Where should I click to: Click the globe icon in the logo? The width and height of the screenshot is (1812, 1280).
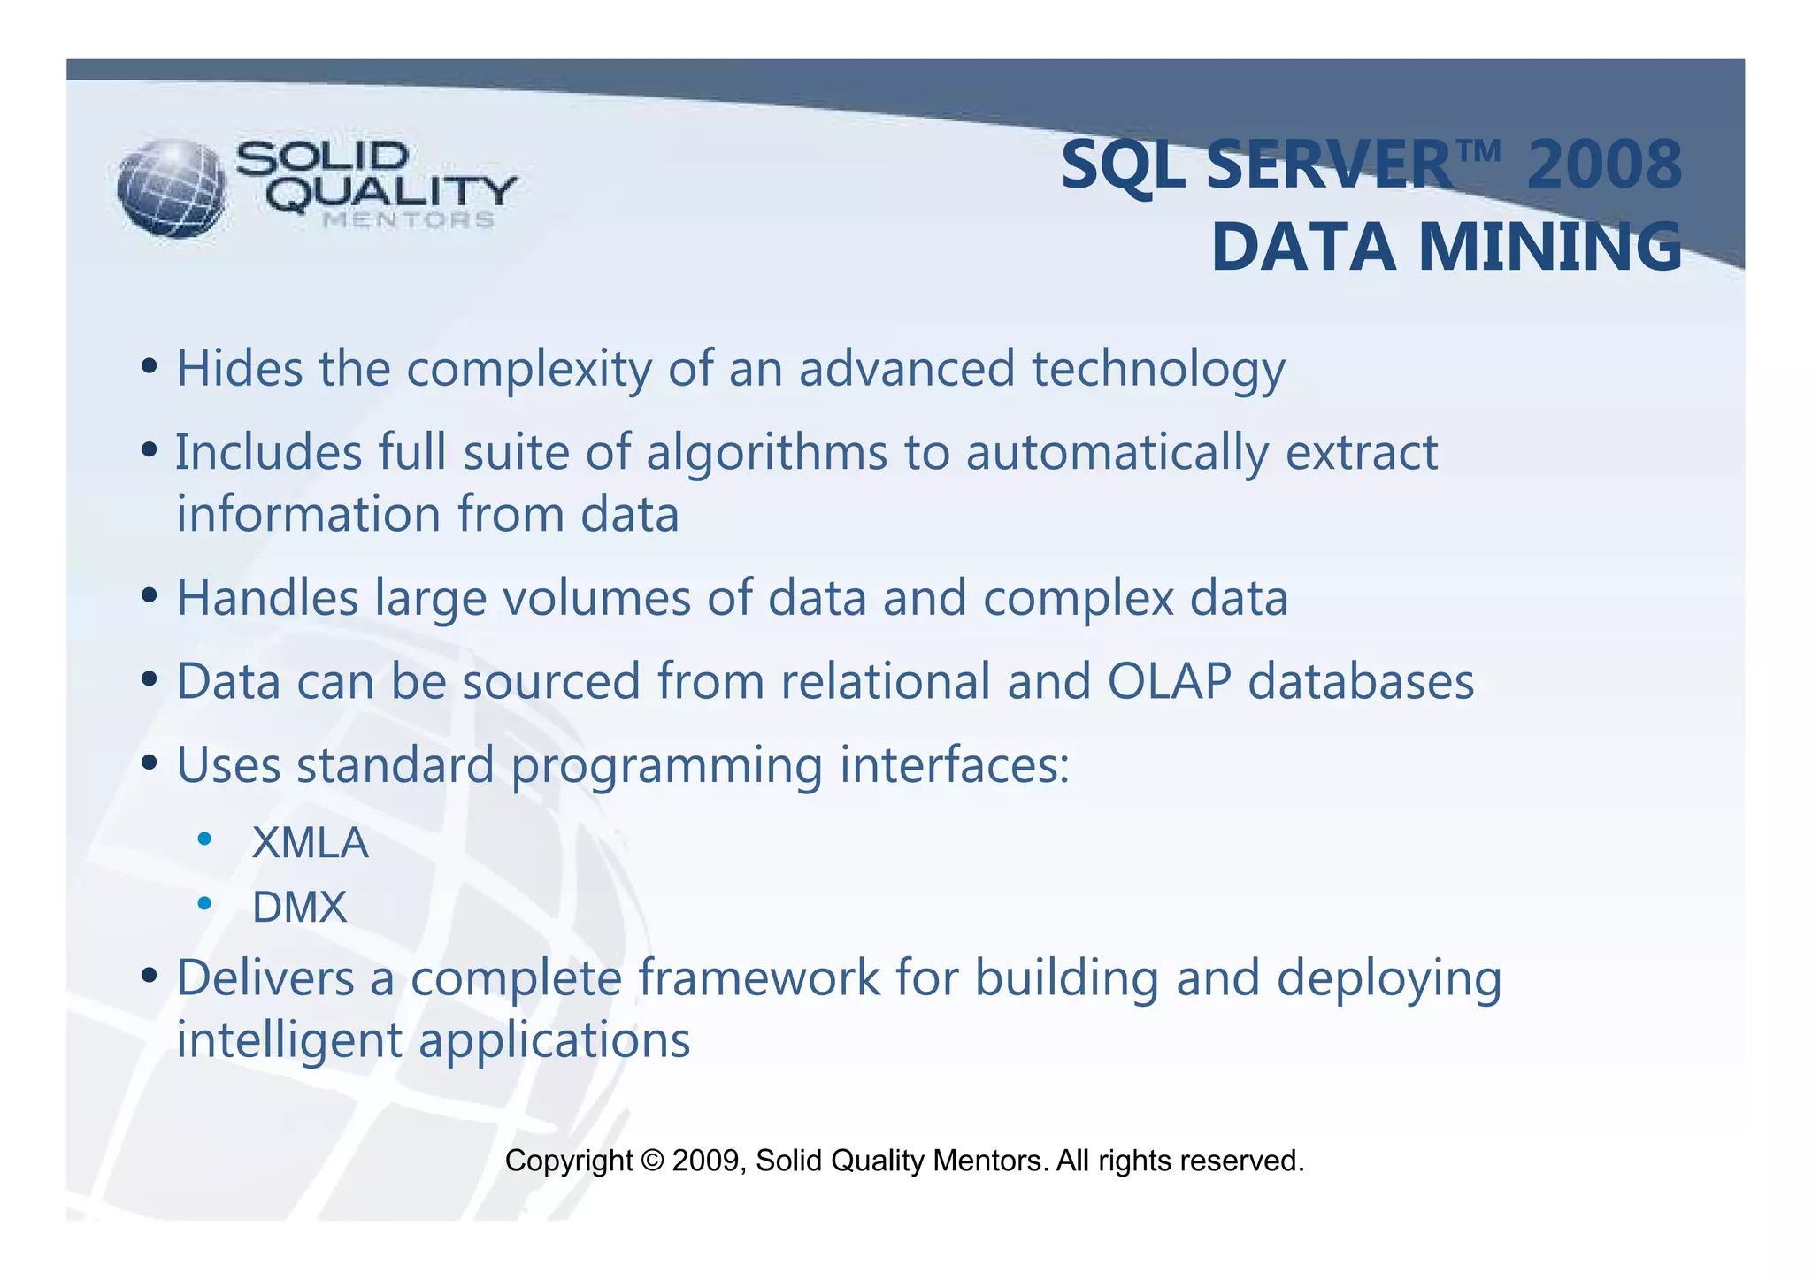172,188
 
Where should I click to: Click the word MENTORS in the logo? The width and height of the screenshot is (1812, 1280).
409,220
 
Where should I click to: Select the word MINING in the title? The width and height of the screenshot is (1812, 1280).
1549,248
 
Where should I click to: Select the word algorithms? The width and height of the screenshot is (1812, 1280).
766,453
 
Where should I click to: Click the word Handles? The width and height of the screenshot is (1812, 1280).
267,598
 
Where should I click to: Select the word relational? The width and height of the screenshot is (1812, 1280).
884,682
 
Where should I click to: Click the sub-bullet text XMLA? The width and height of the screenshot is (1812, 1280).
310,843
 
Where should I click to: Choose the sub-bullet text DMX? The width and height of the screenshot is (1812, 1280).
299,908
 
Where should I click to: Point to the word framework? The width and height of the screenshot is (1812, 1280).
758,978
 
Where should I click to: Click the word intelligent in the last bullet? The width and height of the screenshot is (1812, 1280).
288,1040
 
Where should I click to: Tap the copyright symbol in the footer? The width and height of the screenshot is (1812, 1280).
652,1161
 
